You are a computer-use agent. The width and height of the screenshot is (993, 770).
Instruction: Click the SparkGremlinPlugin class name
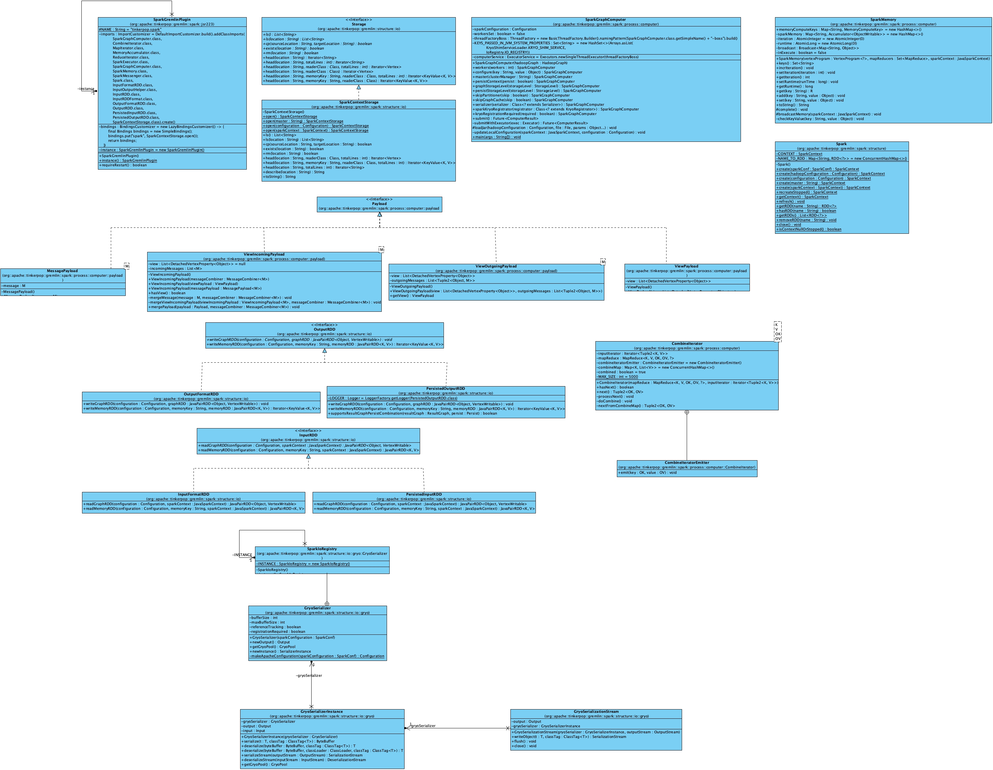[x=172, y=20]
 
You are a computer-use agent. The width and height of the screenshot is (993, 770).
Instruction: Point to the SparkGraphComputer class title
[x=606, y=20]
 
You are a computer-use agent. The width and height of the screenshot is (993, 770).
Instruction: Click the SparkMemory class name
[x=883, y=20]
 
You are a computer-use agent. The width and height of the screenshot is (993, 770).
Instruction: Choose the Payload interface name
[x=379, y=204]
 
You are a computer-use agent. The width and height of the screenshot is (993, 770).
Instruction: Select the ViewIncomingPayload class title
[x=264, y=255]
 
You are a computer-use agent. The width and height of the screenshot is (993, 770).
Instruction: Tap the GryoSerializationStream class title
[x=596, y=712]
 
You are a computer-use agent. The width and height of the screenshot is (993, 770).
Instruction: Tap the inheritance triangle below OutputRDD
[x=324, y=351]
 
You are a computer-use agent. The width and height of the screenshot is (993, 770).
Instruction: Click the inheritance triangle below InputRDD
[x=308, y=456]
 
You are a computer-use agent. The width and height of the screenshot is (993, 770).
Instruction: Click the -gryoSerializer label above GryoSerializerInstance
[x=309, y=675]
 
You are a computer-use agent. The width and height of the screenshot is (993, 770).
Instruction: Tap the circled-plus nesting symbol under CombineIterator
[x=687, y=412]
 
